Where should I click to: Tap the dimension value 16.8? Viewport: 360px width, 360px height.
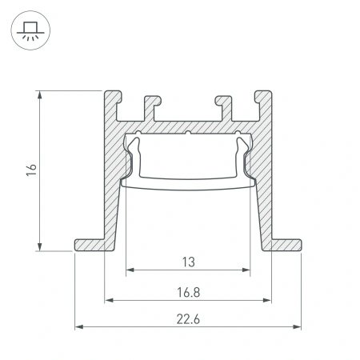tap(188, 292)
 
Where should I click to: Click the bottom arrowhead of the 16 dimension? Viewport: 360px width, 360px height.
tap(40, 246)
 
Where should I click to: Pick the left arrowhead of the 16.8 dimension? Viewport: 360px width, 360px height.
tap(108, 300)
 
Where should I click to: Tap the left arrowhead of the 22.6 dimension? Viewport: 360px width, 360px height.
tap(78, 326)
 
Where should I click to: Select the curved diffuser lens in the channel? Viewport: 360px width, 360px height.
tap(188, 181)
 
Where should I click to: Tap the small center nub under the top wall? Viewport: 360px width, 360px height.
tap(187, 133)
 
